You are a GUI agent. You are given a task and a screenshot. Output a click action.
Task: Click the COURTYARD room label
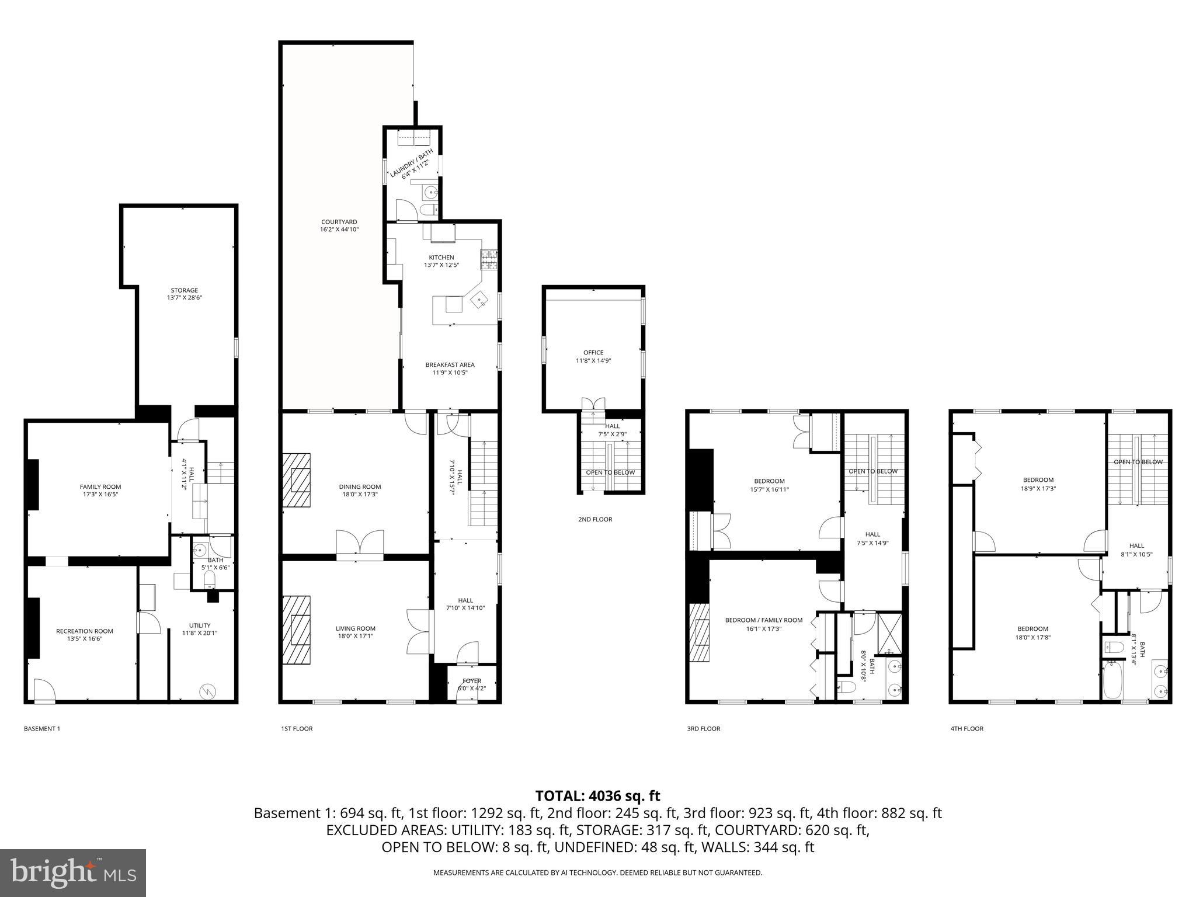pos(339,222)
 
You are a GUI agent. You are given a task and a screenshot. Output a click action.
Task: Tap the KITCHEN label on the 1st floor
pos(441,258)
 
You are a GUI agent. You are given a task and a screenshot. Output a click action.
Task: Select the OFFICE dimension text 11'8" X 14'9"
pos(593,361)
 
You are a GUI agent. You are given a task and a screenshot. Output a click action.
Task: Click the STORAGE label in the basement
pos(184,290)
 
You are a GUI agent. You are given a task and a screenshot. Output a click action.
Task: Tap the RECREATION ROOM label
pos(85,631)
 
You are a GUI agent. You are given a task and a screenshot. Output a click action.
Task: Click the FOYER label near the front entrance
pos(472,681)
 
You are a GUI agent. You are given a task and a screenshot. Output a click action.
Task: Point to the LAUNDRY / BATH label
pos(412,164)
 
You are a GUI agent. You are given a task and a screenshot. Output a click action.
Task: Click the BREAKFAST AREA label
pos(450,365)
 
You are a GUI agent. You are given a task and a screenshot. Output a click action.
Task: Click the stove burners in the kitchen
pos(489,259)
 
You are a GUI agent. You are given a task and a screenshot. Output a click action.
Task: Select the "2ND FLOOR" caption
pos(595,519)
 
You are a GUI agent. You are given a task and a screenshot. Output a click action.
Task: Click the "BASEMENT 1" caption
pos(42,729)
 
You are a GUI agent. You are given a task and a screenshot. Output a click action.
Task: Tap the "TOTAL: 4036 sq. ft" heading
pos(597,795)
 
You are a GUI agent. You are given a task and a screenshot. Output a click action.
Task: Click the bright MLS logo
pos(73,873)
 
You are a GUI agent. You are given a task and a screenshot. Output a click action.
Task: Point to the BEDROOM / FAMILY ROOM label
pos(763,620)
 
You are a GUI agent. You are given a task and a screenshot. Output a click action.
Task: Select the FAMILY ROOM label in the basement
pos(100,486)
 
